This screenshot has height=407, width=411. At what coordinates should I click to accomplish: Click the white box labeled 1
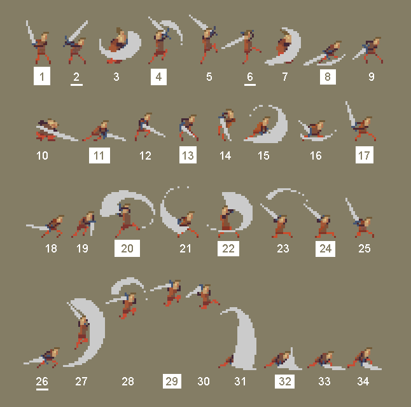[x=42, y=76]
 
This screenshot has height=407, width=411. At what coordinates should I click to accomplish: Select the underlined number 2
[x=76, y=78]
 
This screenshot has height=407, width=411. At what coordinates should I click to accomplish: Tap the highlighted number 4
[x=158, y=77]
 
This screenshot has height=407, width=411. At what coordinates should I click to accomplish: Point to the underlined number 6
[x=250, y=78]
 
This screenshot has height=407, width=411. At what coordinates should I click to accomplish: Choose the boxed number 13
[x=188, y=155]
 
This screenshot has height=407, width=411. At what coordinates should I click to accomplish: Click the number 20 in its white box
[x=127, y=248]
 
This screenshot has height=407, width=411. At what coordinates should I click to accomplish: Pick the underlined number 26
[x=42, y=383]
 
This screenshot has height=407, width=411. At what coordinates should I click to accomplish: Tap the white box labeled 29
[x=172, y=381]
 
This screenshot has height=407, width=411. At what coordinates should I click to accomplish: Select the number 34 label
[x=363, y=382]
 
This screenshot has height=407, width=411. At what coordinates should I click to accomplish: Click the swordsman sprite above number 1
[x=39, y=43]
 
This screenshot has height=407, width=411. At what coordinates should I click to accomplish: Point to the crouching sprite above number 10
[x=57, y=130]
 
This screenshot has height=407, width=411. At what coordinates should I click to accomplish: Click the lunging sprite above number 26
[x=42, y=358]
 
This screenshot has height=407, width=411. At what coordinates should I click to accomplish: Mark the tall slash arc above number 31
[x=242, y=338]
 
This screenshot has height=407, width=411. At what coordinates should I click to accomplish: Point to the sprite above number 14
[x=226, y=125]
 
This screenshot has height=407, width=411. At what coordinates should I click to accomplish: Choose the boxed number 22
[x=228, y=248]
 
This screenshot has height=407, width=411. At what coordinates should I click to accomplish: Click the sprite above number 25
[x=360, y=219]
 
